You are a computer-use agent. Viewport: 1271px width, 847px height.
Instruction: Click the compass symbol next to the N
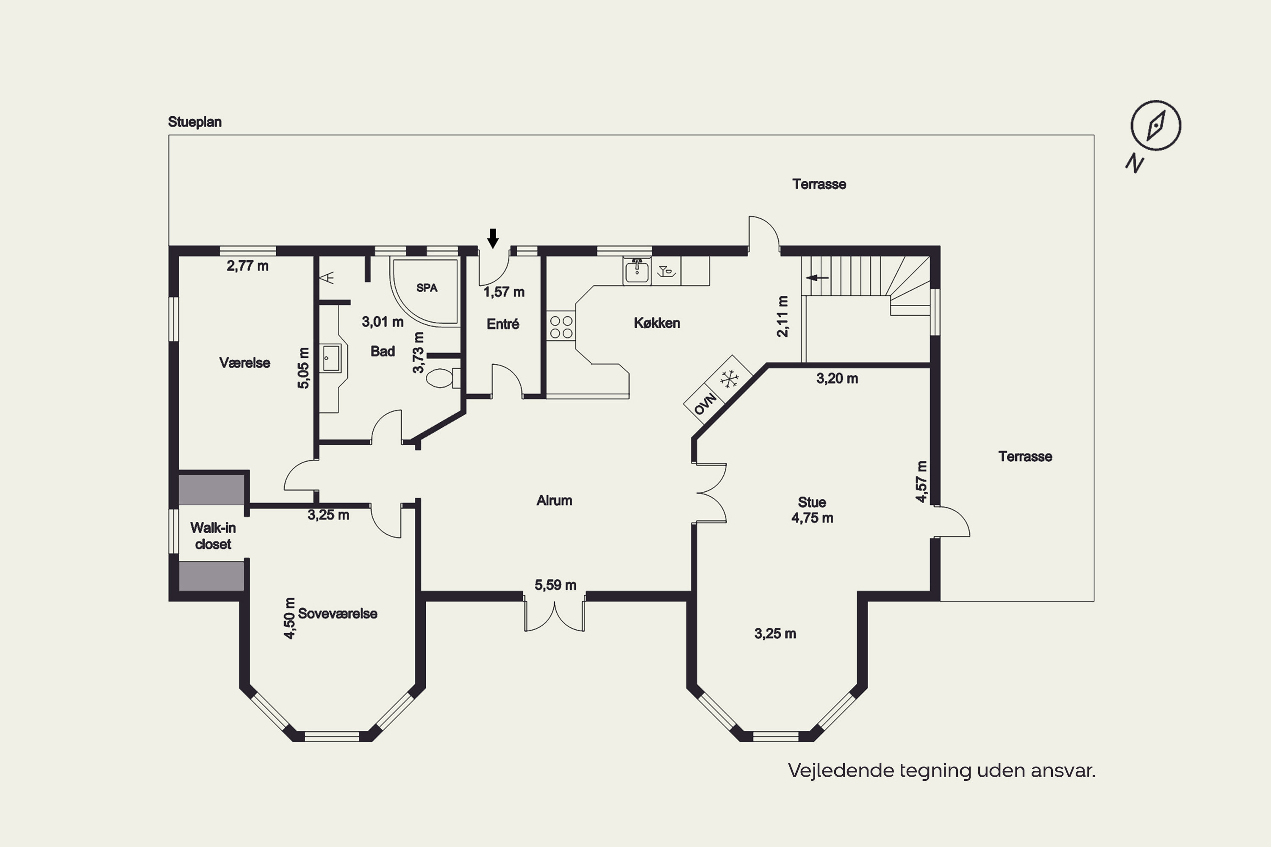click(1156, 125)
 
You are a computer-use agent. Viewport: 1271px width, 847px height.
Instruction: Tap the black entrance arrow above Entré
click(493, 238)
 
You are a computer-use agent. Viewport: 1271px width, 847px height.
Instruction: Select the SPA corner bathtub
click(426, 292)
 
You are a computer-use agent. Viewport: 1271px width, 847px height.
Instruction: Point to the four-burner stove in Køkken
click(561, 326)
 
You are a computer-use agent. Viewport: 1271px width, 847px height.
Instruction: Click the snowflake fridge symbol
click(730, 379)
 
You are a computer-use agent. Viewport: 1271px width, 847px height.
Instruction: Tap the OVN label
click(705, 404)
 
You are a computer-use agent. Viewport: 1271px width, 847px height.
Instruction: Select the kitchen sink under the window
click(637, 271)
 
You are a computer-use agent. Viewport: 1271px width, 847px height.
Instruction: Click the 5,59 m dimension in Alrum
click(555, 584)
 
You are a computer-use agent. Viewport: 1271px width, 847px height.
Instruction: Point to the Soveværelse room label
click(338, 613)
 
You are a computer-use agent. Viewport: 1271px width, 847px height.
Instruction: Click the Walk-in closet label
click(213, 535)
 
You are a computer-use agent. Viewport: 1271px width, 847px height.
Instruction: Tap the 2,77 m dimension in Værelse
click(247, 266)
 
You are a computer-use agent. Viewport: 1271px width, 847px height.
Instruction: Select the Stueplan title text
click(194, 122)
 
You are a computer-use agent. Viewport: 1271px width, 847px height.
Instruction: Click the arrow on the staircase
click(817, 278)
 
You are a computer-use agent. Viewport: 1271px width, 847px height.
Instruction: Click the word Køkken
click(657, 323)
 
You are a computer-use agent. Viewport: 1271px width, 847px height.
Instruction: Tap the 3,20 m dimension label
click(837, 378)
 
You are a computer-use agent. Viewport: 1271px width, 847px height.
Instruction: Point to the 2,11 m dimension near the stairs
click(783, 316)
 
